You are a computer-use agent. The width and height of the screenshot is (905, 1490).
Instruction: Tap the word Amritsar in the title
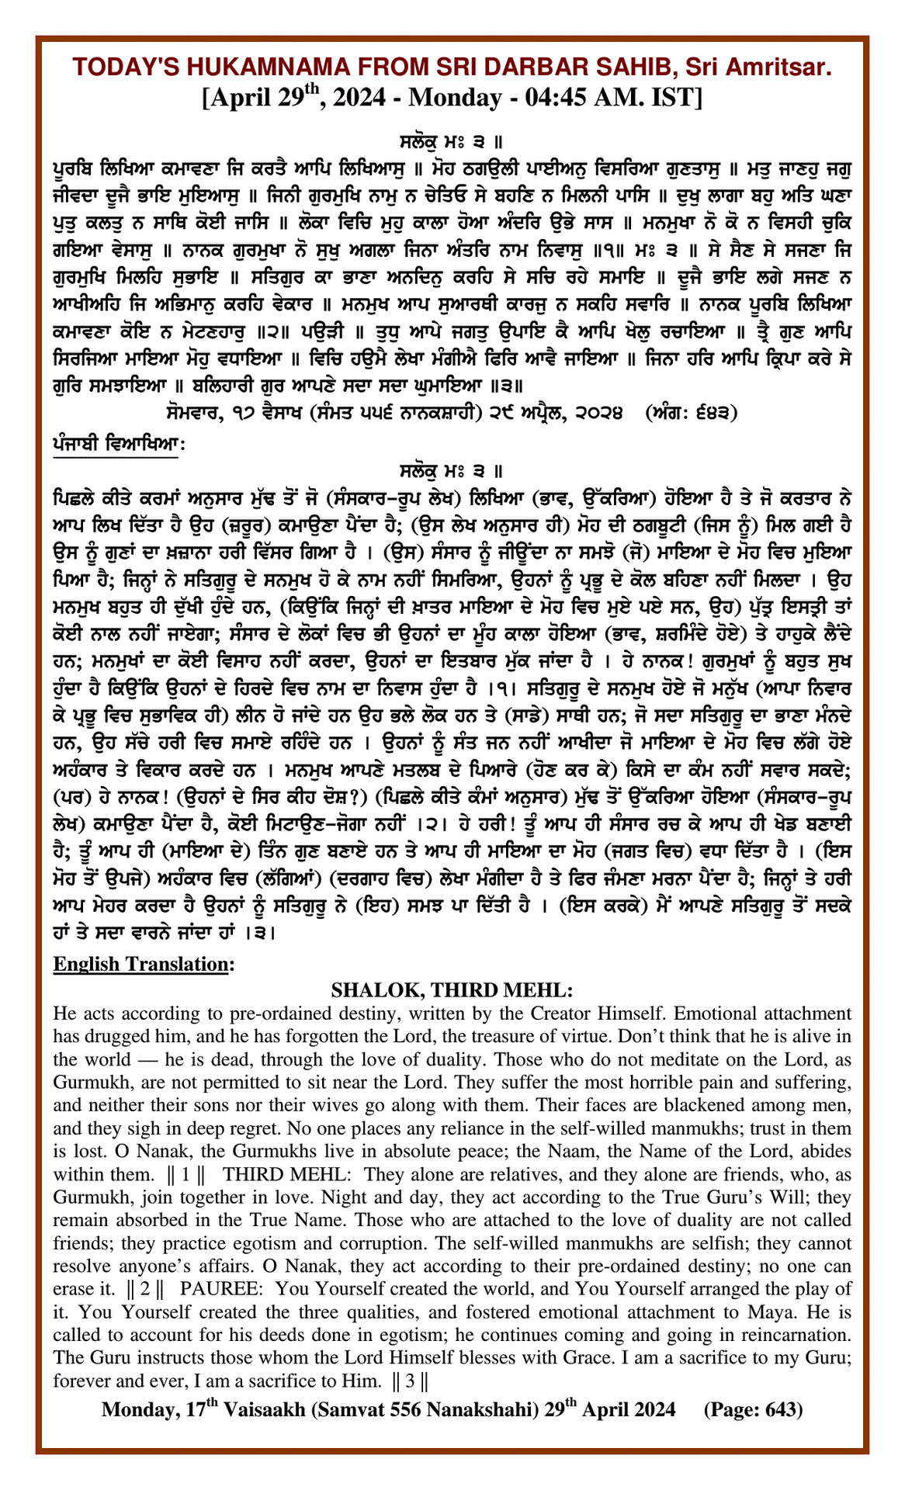pyautogui.click(x=783, y=68)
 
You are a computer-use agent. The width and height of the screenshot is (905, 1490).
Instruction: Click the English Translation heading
pyautogui.click(x=143, y=964)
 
